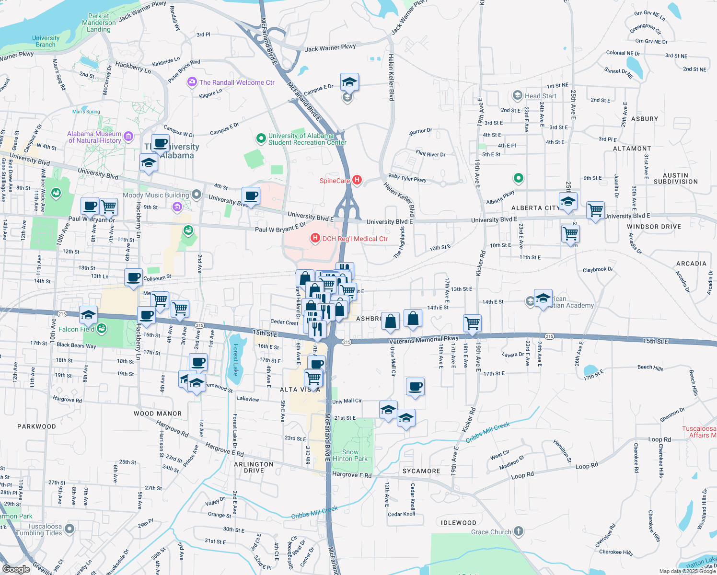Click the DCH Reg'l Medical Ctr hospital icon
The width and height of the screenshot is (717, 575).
[x=315, y=238]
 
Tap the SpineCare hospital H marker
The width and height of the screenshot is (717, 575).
[x=357, y=180]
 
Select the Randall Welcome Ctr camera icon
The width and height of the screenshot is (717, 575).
[x=192, y=82]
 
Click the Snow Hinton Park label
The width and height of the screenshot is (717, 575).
[x=350, y=455]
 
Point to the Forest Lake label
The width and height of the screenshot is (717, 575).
[x=235, y=360]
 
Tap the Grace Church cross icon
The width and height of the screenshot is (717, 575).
[x=518, y=531]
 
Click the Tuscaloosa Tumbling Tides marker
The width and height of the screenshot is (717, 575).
[x=69, y=529]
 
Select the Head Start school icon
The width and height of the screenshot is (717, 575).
[x=517, y=95]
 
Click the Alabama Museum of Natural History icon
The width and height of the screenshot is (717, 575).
[x=128, y=137]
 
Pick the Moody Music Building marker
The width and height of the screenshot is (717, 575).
[x=197, y=195]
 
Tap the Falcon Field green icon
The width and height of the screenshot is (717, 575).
[x=101, y=329]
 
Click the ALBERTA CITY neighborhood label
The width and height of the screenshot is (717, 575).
[x=535, y=208]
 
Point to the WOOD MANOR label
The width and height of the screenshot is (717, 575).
[x=158, y=414]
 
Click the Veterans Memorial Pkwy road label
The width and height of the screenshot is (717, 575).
[x=424, y=340]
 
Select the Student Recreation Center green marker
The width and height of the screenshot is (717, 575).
[x=261, y=139]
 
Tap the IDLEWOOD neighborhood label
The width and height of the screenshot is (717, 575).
[x=459, y=523]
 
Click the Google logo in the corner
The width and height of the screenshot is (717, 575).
[x=16, y=569]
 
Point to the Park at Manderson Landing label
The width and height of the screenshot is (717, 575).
[x=99, y=23]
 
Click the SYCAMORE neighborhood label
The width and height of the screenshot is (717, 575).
[x=421, y=471]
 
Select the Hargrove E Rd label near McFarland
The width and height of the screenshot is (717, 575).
[x=352, y=474]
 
